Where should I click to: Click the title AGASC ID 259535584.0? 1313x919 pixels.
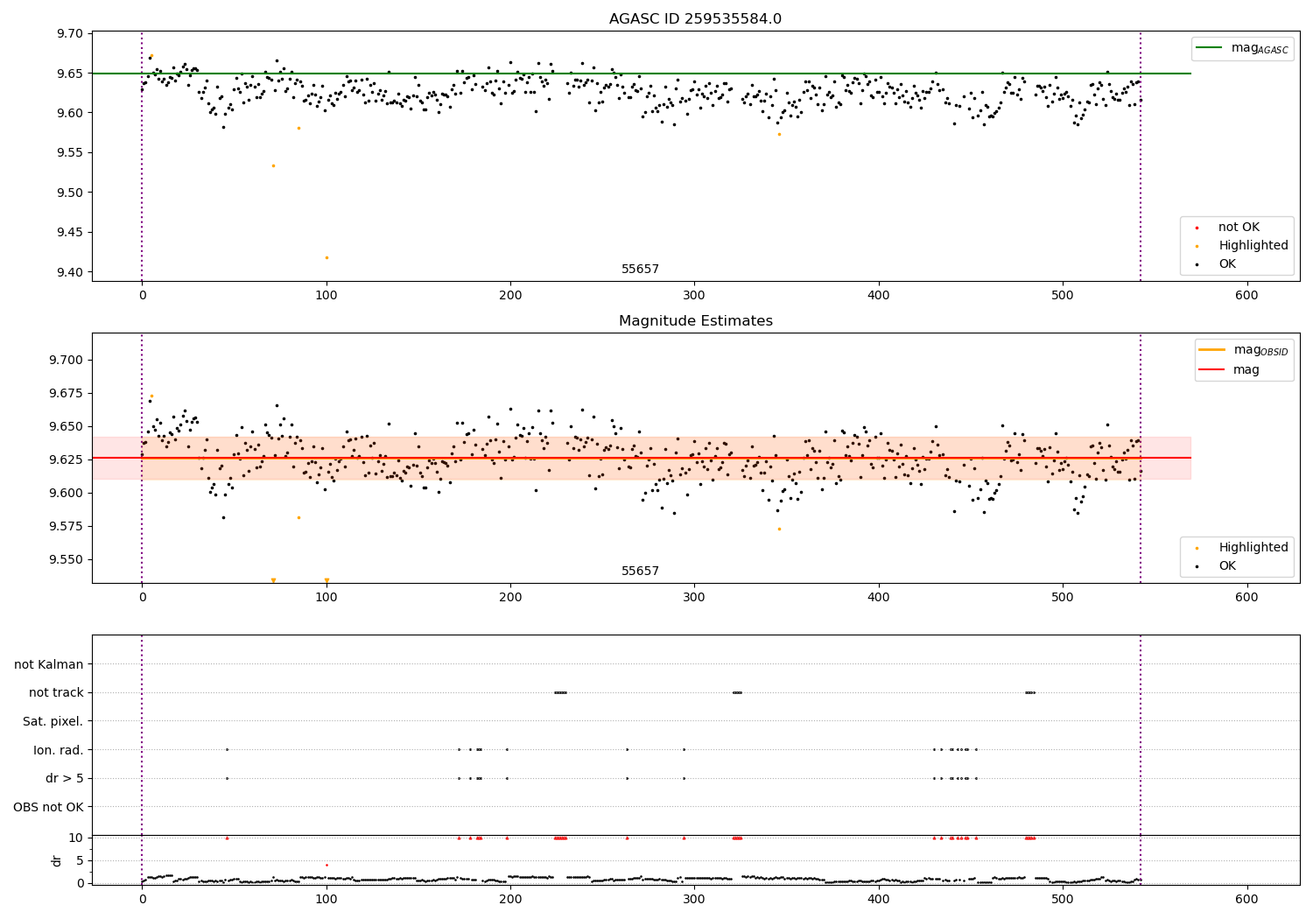(x=695, y=19)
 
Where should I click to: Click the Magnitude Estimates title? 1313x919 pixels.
(x=695, y=321)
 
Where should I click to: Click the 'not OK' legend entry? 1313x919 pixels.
(x=1239, y=228)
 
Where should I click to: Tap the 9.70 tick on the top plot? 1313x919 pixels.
(x=70, y=33)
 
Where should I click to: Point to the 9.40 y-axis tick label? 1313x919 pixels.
(x=70, y=272)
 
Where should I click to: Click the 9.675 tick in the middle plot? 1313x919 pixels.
(x=67, y=393)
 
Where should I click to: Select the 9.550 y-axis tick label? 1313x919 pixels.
(x=67, y=559)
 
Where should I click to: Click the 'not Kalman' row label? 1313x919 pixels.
(x=49, y=664)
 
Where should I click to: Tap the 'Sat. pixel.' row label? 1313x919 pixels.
(x=53, y=721)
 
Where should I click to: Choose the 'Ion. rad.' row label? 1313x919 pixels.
(x=58, y=750)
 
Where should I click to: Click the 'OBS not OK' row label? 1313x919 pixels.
(x=48, y=807)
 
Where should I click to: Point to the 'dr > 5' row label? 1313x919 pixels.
(x=64, y=778)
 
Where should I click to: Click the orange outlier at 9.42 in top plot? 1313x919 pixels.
(x=326, y=257)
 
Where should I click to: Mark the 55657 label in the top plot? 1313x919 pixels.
(x=640, y=270)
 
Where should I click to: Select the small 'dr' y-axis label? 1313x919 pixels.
(x=57, y=860)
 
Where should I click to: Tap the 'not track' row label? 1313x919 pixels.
(x=56, y=693)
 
